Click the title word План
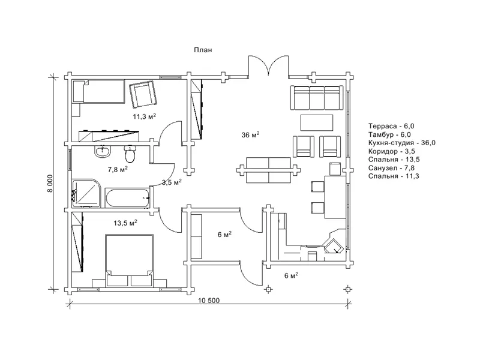(203, 50)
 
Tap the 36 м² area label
(250, 134)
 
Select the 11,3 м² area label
(145, 116)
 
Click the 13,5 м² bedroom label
(125, 223)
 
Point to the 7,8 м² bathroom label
(118, 169)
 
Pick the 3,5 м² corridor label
(172, 182)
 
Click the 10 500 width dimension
(209, 301)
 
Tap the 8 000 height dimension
(50, 184)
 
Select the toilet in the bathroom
(130, 154)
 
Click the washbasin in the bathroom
(102, 151)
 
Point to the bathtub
(127, 198)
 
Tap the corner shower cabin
(86, 193)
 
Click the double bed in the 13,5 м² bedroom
(129, 261)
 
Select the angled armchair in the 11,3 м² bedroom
(143, 94)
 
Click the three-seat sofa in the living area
(317, 98)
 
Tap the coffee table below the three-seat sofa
(317, 122)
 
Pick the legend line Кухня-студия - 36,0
(402, 143)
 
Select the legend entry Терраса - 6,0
(391, 126)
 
